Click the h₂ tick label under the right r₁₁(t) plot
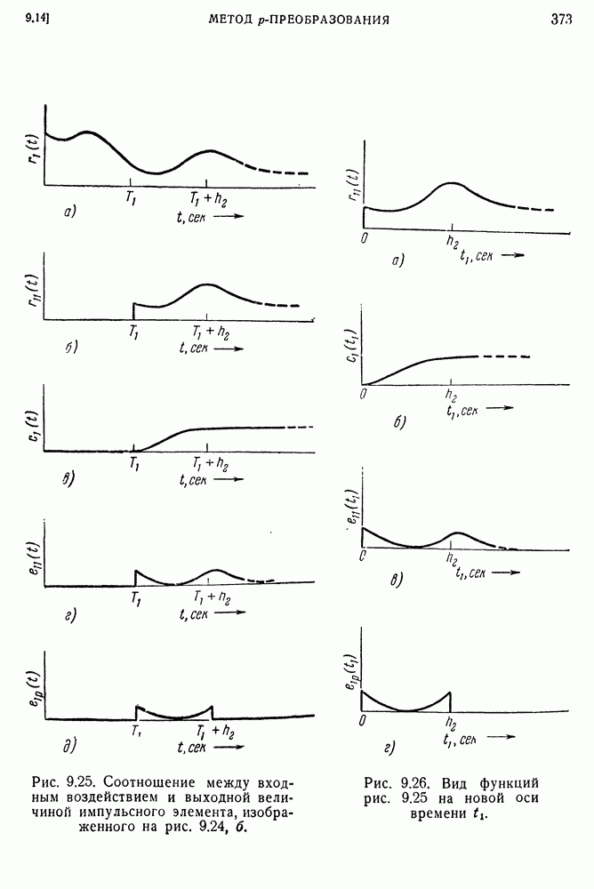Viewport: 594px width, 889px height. pos(451,241)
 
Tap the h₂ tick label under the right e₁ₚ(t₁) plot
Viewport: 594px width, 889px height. pos(451,723)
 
